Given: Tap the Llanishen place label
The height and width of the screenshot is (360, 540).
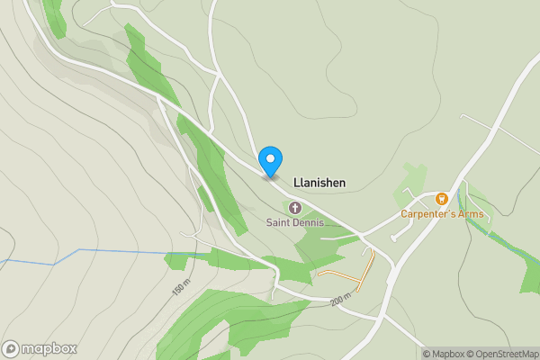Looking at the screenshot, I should (x=319, y=182).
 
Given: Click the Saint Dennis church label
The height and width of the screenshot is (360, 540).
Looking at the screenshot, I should (x=294, y=222).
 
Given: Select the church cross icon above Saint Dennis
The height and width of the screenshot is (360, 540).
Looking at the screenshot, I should (x=294, y=209).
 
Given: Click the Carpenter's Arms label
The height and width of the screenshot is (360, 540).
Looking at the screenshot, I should (x=442, y=214).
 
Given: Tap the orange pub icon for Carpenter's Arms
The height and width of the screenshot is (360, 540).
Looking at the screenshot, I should (x=441, y=198).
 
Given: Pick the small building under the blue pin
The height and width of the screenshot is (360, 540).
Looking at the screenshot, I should (x=270, y=176).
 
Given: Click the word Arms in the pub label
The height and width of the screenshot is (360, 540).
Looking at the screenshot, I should (x=470, y=214).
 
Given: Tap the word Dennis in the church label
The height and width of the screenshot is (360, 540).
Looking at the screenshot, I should (x=308, y=222).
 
